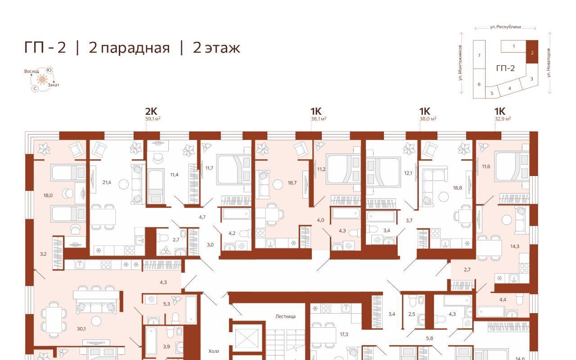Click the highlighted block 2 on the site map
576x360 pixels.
[532, 52]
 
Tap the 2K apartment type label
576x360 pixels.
[151, 111]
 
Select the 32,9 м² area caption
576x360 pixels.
[503, 119]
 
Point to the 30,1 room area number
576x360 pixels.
[81, 328]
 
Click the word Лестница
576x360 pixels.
[285, 316]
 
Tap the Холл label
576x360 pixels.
[213, 351]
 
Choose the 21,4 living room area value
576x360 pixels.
[107, 183]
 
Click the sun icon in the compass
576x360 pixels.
[42, 80]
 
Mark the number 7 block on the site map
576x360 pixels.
[479, 55]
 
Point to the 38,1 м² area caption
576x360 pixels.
[319, 119]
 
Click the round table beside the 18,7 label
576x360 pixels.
[278, 184]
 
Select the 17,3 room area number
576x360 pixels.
[344, 334]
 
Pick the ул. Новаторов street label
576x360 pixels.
[549, 63]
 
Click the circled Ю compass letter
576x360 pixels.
[49, 70]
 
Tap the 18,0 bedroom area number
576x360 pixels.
[48, 195]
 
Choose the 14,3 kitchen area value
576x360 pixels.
[515, 246]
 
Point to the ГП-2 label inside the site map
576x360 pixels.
[505, 68]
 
